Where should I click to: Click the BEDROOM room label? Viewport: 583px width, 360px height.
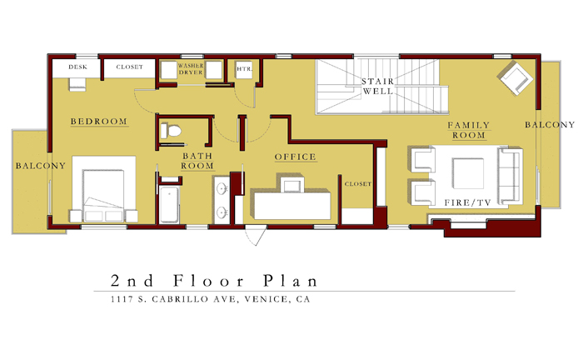click(99, 121)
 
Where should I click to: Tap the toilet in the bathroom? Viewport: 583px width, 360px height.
click(170, 131)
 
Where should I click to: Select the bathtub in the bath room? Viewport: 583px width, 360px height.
click(169, 204)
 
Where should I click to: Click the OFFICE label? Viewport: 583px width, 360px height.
click(295, 157)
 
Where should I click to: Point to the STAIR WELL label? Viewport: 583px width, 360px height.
click(378, 87)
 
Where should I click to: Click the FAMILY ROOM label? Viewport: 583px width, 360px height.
click(468, 130)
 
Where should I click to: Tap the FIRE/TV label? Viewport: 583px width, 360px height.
click(468, 202)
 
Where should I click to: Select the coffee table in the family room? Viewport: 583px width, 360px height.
click(468, 173)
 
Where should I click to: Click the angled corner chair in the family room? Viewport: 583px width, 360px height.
click(516, 78)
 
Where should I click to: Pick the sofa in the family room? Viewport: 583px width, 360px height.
click(510, 176)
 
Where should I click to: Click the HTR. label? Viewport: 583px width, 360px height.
click(244, 69)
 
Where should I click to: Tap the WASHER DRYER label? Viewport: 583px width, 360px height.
click(191, 69)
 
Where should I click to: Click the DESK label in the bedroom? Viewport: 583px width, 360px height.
click(78, 67)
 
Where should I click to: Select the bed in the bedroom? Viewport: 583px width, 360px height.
click(104, 189)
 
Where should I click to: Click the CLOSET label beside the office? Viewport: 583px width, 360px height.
click(357, 183)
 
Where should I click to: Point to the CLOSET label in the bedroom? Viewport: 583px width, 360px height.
click(129, 67)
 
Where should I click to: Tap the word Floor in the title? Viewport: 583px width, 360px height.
click(208, 281)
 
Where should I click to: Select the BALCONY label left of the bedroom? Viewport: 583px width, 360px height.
click(41, 166)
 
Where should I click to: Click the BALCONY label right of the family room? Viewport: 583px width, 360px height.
click(550, 125)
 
